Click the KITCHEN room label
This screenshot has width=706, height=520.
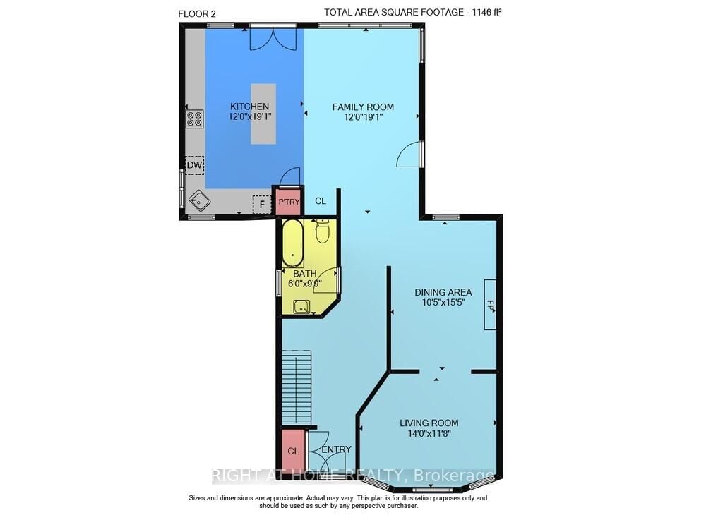point(249,107)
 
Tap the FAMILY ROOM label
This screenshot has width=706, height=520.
point(363,107)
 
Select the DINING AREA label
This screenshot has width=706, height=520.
point(443,292)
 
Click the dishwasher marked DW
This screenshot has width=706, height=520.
point(194,166)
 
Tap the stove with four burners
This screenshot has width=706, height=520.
point(194,119)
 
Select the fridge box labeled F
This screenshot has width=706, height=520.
point(262,204)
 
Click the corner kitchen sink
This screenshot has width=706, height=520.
point(199,202)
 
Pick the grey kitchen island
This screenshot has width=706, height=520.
point(263,114)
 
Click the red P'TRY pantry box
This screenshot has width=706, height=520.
point(289,202)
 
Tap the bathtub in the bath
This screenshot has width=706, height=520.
point(292,244)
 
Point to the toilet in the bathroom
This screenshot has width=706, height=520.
point(323,231)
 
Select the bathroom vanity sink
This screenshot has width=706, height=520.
point(301,306)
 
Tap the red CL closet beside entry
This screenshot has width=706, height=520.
point(293,451)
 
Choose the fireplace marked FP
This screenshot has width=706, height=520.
point(490,304)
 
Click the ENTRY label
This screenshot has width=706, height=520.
point(336,449)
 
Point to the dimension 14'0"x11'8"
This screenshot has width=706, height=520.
point(425,434)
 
